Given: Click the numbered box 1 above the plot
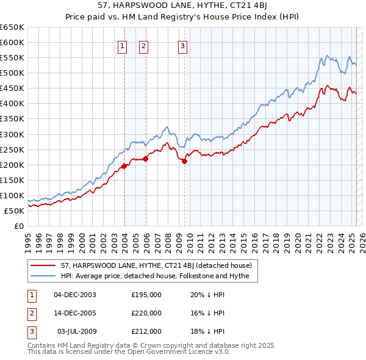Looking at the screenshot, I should coord(123,45).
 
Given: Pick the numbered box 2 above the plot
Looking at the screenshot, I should coord(143,45).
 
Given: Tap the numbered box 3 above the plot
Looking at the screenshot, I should coord(183,45).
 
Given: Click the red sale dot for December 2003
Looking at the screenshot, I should coord(124,165).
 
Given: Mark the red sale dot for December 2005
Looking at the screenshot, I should coord(146,159).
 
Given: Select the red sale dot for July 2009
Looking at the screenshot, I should coord(184,160).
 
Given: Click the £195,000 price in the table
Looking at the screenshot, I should coord(146,295).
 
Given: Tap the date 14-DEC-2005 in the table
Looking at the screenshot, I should coord(75,313).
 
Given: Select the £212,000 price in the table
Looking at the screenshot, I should coord(146,331).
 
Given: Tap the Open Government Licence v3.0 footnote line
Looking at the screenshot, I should coord(129,353).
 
